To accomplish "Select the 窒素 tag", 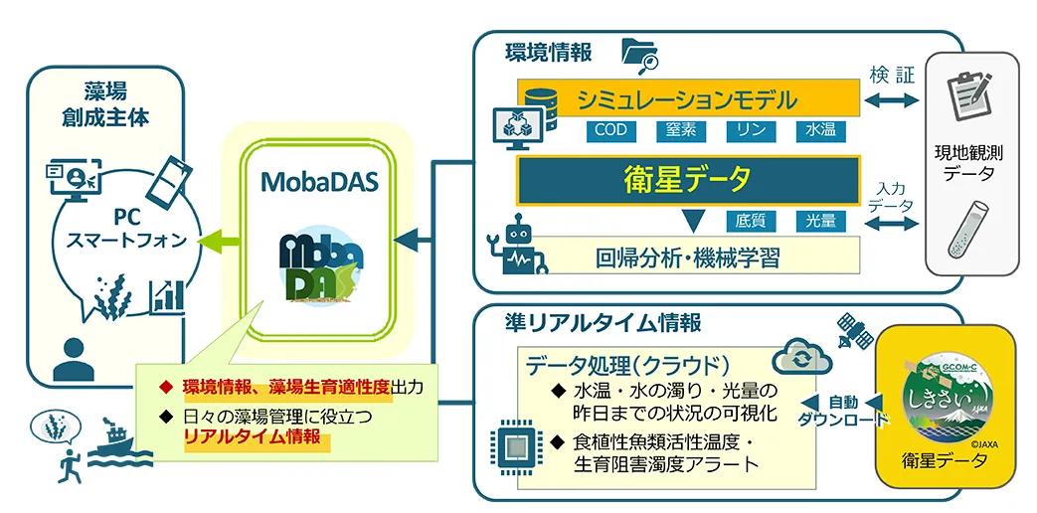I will [682, 130].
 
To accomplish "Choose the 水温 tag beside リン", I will [820, 130].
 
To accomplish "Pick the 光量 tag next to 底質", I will [820, 221].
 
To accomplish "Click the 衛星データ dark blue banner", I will [686, 181].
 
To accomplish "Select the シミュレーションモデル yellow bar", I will [696, 99].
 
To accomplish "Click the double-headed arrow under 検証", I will [891, 99].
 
